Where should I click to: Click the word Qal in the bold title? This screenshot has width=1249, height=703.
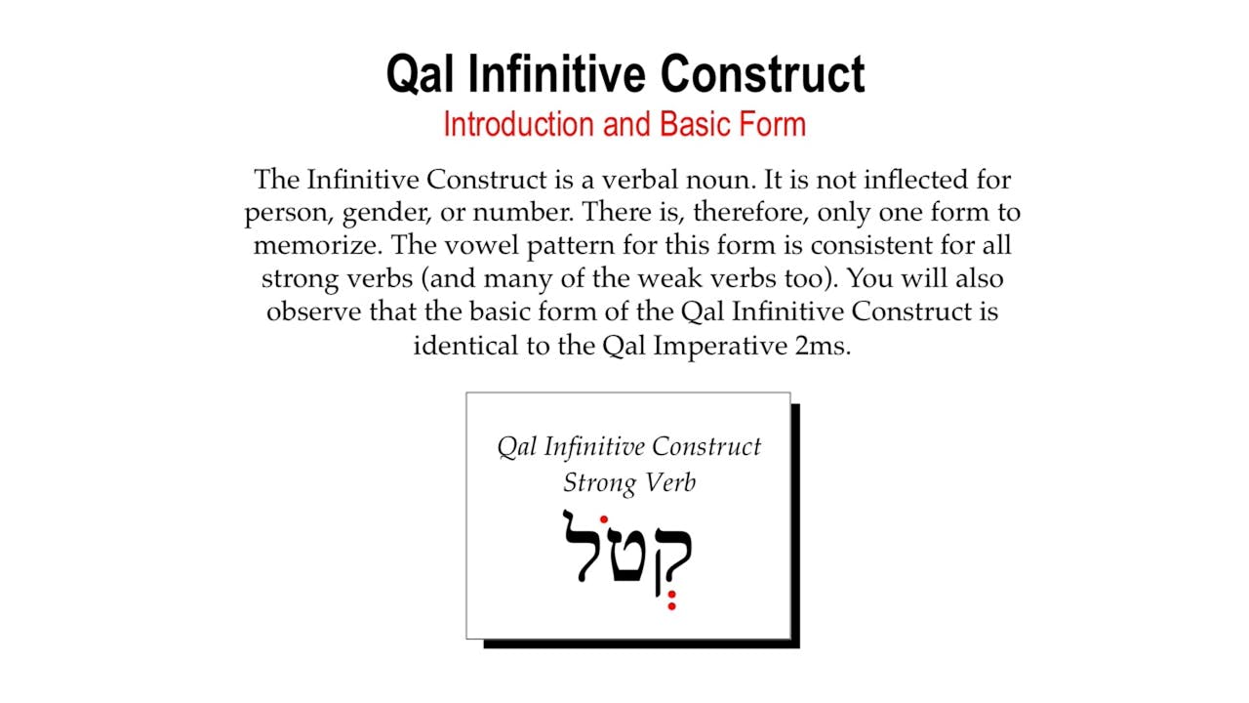point(420,73)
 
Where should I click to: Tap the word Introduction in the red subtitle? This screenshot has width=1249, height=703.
point(518,124)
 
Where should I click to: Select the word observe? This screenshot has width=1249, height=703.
point(314,311)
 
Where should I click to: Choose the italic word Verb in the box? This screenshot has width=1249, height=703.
point(669,482)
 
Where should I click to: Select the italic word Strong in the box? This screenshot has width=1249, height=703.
point(599,483)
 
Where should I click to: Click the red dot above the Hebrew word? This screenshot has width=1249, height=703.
point(603,520)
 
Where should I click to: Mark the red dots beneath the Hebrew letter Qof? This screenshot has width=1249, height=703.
point(672,600)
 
